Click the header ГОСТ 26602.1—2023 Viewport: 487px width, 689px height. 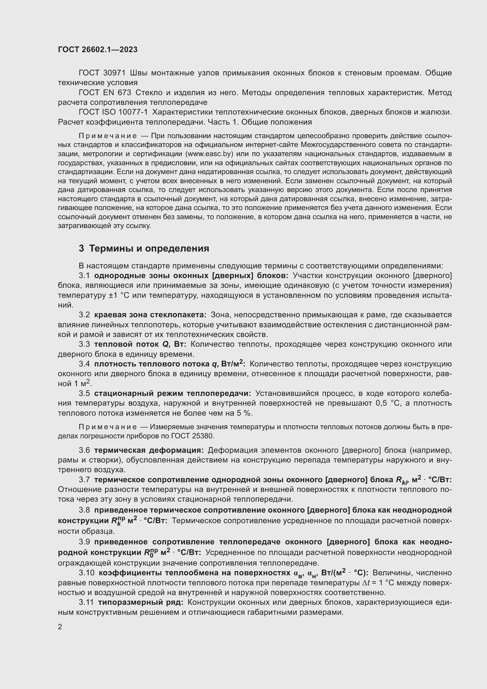98,49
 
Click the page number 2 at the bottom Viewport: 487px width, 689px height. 60,627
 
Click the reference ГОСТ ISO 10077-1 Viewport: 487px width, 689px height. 113,112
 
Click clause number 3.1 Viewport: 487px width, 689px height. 84,275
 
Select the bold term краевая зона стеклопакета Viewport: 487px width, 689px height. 150,315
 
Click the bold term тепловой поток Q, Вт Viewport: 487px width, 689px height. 140,344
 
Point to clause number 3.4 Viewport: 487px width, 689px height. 84,364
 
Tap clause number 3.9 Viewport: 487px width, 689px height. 84,542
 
